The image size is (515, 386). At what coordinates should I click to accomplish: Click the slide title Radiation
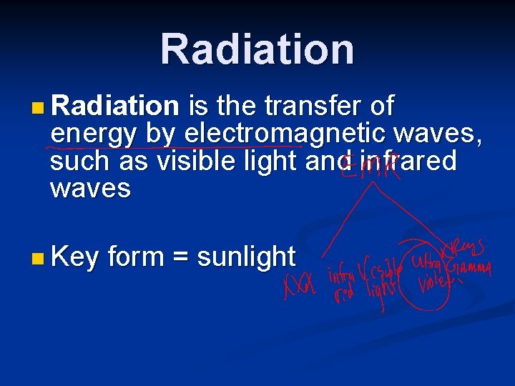pos(257,49)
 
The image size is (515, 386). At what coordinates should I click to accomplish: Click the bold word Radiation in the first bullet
pos(114,107)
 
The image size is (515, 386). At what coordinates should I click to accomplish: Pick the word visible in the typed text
pos(197,162)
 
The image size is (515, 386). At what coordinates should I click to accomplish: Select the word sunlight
pos(245,257)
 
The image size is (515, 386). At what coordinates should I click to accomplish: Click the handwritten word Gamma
pos(470,269)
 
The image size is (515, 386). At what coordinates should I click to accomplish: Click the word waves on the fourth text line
pos(91,189)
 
